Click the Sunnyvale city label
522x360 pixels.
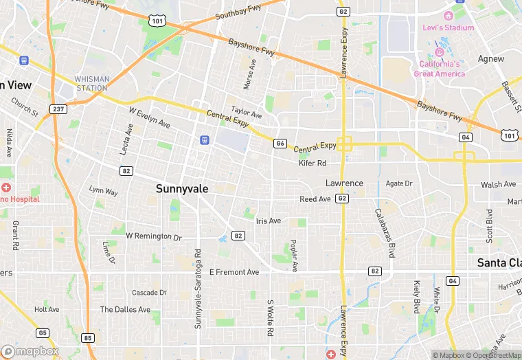[x=182, y=188]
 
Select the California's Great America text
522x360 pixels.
[x=440, y=69]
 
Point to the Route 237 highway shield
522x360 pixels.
[x=58, y=109]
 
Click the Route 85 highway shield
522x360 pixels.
[x=87, y=337]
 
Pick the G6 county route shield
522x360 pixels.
[x=280, y=143]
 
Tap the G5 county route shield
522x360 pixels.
[x=43, y=333]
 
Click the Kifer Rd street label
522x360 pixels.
[x=312, y=164]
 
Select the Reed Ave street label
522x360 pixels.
[x=315, y=199]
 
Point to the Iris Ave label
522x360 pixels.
[x=268, y=221]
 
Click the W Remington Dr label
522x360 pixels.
[x=153, y=236]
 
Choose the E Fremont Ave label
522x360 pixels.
[x=234, y=272]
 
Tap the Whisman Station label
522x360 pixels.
[x=92, y=83]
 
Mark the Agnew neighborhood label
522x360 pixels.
[x=491, y=59]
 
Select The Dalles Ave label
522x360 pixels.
[x=125, y=310]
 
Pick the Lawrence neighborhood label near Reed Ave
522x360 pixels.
[x=344, y=183]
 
